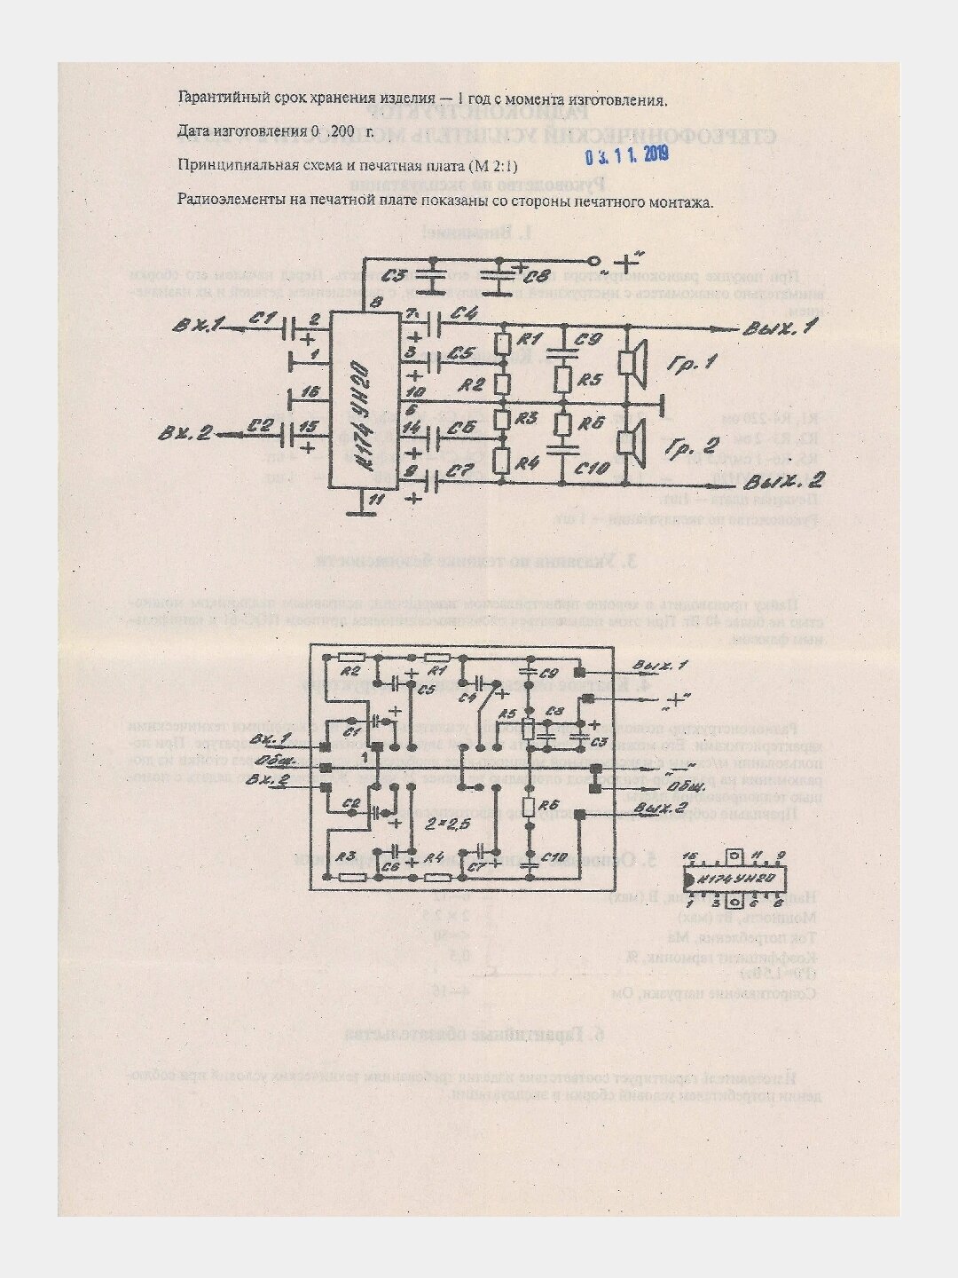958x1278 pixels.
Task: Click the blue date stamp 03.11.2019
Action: tap(626, 156)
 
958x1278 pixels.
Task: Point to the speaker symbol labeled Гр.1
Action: tap(631, 364)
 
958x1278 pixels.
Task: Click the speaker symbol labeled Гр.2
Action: tap(631, 440)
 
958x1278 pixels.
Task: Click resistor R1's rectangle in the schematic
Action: tap(502, 343)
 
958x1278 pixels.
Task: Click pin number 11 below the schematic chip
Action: tap(376, 501)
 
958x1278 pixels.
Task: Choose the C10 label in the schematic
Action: tap(593, 467)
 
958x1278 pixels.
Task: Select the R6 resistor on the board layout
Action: tap(529, 807)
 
